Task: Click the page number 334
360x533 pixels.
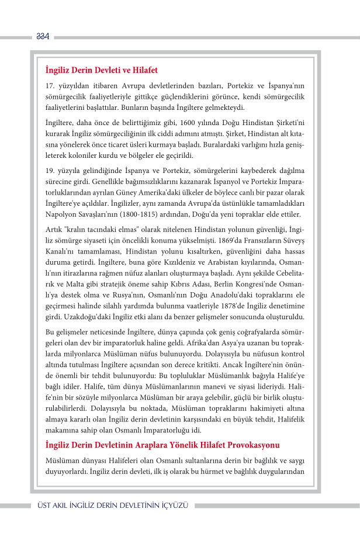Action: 42,37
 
